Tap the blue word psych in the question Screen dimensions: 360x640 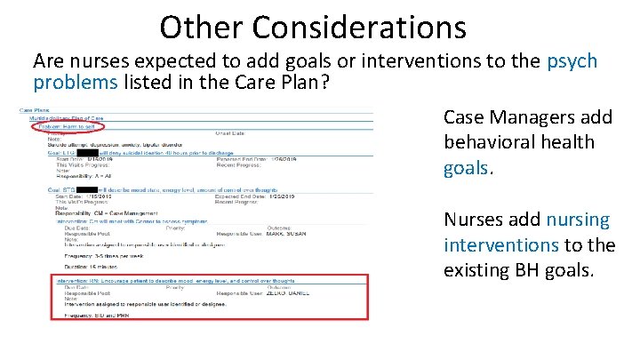pos(572,62)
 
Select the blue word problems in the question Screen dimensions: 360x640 pos(72,83)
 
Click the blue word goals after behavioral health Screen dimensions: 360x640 pos(467,168)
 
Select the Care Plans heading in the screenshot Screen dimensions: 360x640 pos(33,110)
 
